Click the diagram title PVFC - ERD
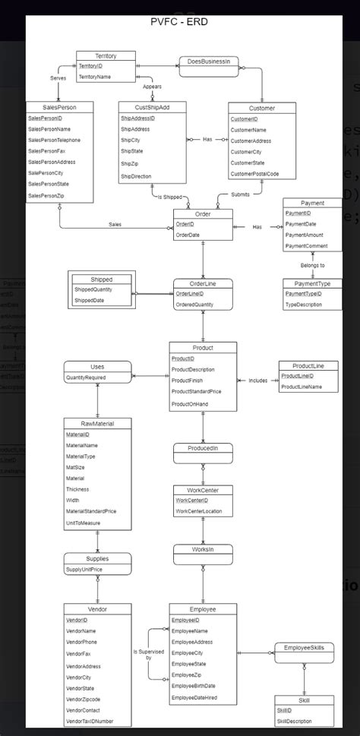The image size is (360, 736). point(179,22)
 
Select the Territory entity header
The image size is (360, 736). point(106,56)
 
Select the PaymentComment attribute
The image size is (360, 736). point(306,247)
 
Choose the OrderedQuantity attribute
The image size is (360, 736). point(194,305)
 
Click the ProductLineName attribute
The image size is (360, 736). point(301,387)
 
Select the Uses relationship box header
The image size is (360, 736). point(97,366)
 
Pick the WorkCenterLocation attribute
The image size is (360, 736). point(198,511)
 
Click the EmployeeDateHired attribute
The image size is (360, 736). point(194,697)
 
